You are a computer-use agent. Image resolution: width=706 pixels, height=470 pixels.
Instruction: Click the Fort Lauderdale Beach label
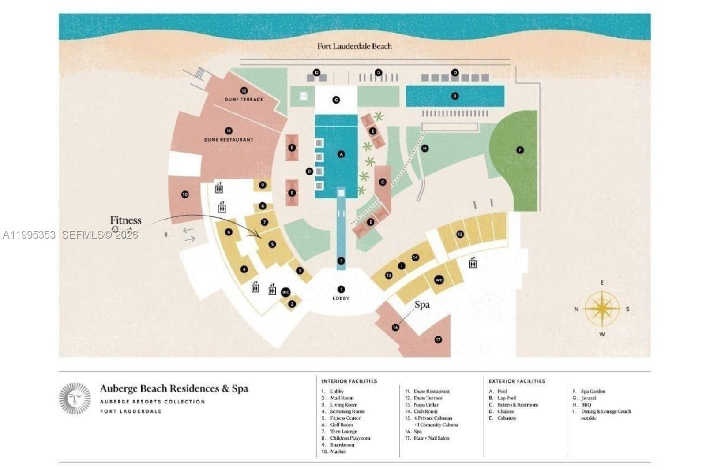354,46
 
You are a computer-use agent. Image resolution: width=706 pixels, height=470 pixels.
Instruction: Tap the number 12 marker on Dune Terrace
244,91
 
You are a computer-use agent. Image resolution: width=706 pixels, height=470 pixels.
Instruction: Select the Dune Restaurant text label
229,140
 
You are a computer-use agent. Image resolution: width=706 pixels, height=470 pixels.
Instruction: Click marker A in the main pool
341,154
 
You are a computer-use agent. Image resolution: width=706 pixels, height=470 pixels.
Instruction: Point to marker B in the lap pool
455,96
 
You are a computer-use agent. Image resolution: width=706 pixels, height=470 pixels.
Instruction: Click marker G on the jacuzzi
336,100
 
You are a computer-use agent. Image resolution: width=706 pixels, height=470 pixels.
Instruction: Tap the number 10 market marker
185,194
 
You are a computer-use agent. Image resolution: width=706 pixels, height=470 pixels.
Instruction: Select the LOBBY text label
341,298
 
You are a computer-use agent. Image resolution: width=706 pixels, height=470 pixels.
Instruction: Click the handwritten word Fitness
126,220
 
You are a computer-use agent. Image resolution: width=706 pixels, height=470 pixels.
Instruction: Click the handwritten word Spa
422,305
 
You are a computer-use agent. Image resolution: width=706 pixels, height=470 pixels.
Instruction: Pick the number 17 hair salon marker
438,339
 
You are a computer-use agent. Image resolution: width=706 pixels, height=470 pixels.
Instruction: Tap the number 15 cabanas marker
460,234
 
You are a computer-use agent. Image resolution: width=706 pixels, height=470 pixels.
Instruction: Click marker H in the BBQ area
425,149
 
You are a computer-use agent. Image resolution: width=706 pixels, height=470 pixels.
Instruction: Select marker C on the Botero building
383,182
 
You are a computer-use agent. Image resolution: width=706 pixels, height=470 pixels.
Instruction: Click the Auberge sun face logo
75,399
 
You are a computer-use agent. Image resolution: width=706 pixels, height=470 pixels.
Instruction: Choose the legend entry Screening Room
347,411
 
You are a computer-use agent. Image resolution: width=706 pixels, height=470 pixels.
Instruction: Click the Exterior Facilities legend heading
517,381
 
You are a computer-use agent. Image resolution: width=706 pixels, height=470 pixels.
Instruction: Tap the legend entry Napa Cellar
426,405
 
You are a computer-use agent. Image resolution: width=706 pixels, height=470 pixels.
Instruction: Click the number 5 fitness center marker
272,244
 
